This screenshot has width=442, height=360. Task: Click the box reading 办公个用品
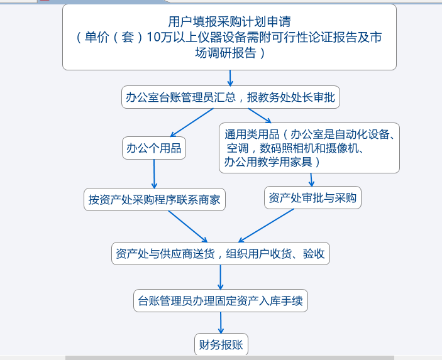click(x=154, y=148)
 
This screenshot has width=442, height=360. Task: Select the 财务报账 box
click(x=221, y=344)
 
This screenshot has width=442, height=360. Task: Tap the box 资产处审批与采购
click(x=312, y=197)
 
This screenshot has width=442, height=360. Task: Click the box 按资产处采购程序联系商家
click(x=155, y=199)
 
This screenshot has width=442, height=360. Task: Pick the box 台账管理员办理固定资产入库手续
click(x=221, y=300)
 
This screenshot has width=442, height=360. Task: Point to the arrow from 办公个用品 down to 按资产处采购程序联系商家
click(x=154, y=174)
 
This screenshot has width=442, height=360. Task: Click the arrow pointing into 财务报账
click(x=221, y=323)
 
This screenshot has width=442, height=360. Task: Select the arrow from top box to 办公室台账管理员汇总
click(x=230, y=78)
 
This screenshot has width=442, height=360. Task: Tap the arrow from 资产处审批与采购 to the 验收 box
click(x=266, y=226)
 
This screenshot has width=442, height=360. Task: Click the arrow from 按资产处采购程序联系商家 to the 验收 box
click(x=188, y=226)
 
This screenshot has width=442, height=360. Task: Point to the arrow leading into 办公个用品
click(x=192, y=123)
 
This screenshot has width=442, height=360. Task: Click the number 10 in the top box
click(x=153, y=37)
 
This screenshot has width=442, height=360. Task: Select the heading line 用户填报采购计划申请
click(x=229, y=21)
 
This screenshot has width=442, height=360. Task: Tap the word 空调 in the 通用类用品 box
click(x=238, y=148)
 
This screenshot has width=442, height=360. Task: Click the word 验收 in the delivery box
click(x=314, y=254)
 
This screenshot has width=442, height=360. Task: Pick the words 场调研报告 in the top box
click(x=226, y=53)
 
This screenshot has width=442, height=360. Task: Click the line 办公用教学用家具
click(x=268, y=162)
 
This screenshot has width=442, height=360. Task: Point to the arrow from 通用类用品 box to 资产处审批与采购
click(x=311, y=180)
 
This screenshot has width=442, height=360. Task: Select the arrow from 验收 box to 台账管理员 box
click(x=221, y=277)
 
